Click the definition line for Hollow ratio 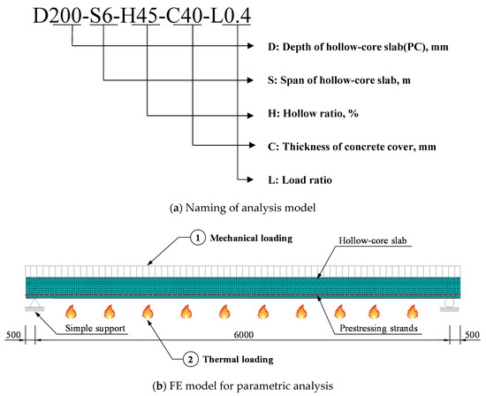319,113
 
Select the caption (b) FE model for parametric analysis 242,385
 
